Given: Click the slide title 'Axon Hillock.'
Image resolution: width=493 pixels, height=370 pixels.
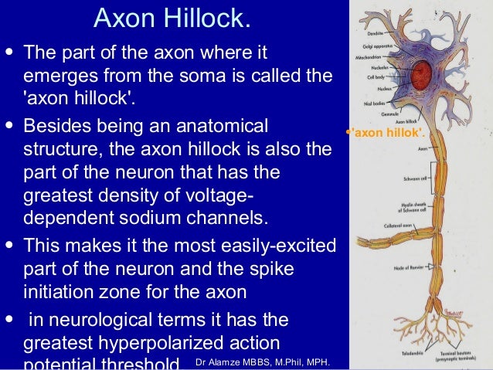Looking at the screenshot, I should click(x=172, y=19).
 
